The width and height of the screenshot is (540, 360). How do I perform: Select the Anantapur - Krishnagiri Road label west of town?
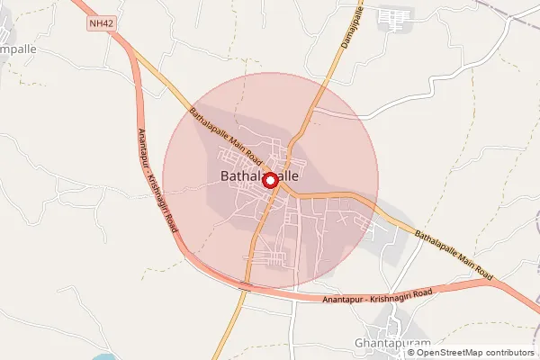point(157,181)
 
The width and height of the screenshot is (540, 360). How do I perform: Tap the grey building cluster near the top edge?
point(393,17)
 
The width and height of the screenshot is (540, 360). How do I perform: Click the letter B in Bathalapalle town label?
point(225,178)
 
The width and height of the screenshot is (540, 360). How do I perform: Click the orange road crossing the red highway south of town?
point(244,288)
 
